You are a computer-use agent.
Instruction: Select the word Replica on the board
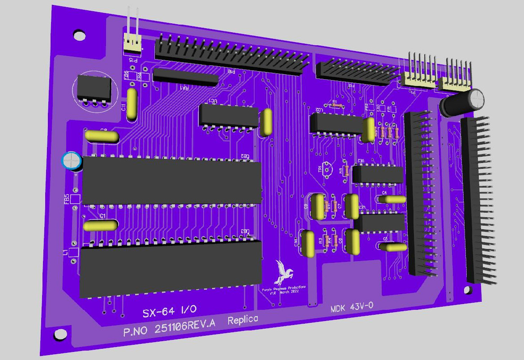click(x=243, y=320)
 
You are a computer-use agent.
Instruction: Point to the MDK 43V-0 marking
click(x=351, y=308)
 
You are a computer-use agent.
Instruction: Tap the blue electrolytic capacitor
click(x=72, y=161)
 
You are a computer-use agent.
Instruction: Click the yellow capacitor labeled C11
click(x=132, y=104)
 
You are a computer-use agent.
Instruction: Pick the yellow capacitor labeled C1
click(x=102, y=225)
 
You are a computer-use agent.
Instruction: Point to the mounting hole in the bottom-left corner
click(x=59, y=334)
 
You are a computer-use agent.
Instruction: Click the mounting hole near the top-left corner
click(x=79, y=35)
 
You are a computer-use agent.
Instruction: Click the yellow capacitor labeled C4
click(x=392, y=199)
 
